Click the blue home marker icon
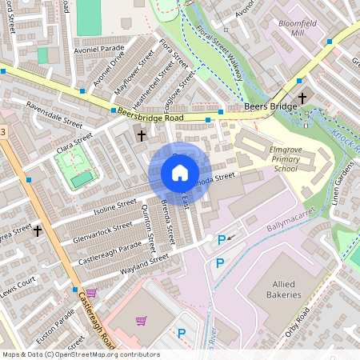(x=180, y=173)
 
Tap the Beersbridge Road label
(x=150, y=117)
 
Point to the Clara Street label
(x=76, y=144)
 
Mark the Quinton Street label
(x=148, y=224)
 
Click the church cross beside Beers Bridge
(x=302, y=98)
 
